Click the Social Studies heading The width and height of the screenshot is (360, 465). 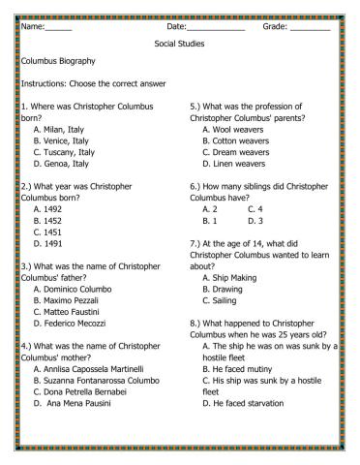pos(179,44)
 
